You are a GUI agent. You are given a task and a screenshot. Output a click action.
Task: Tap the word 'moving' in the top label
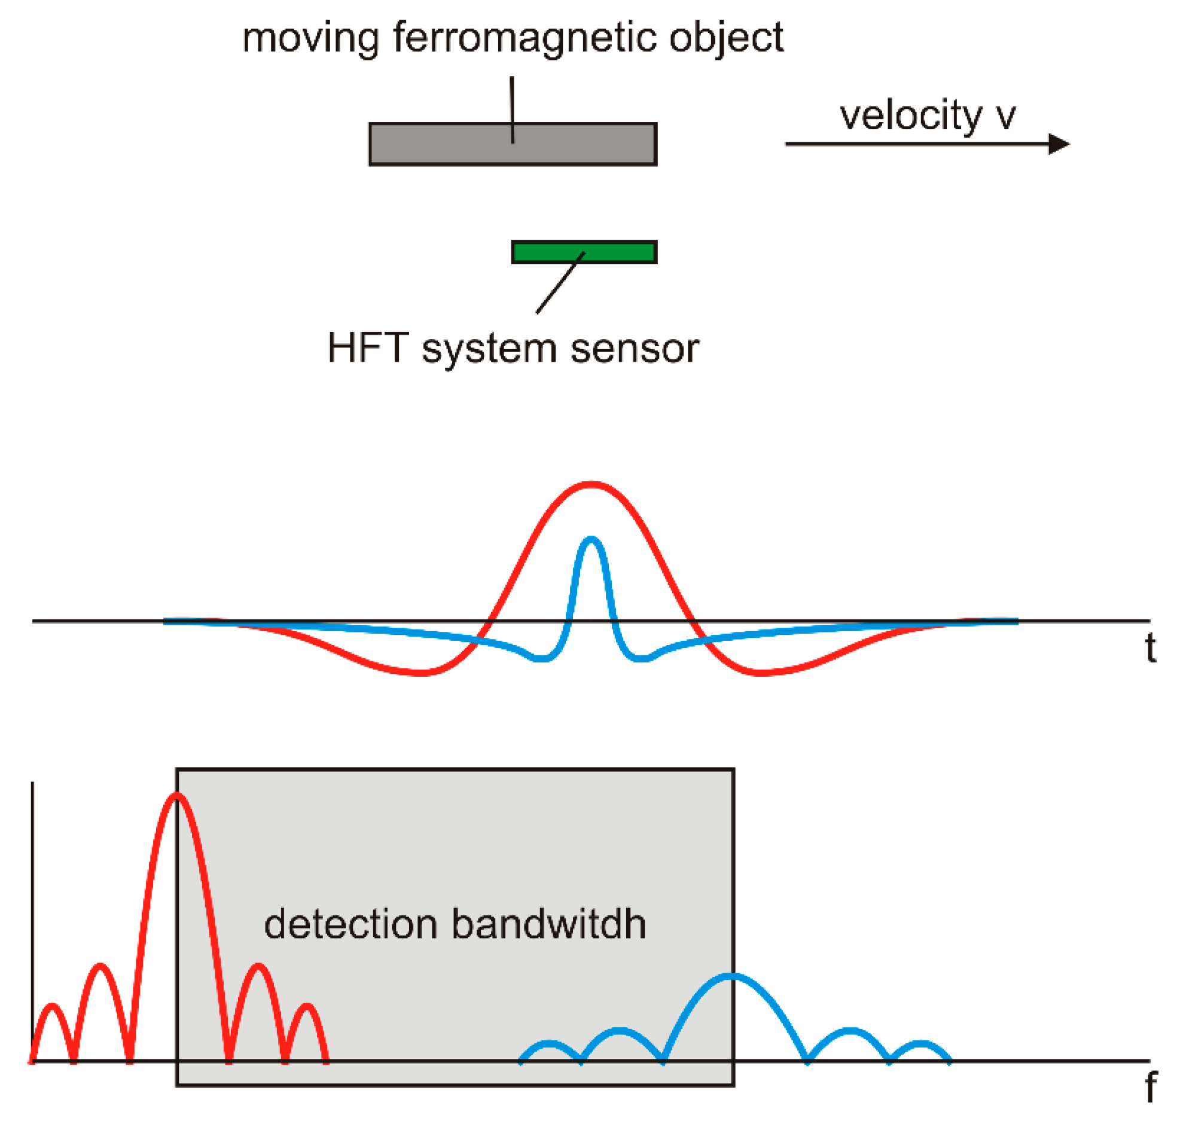pyautogui.click(x=310, y=38)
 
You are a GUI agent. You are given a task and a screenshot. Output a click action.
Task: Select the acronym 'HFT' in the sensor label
pyautogui.click(x=367, y=348)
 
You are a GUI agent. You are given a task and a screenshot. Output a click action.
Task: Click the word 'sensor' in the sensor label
pyautogui.click(x=635, y=349)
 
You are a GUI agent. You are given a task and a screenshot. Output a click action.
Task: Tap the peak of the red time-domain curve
pyautogui.click(x=591, y=484)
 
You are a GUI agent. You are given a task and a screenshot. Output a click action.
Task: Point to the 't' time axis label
pyautogui.click(x=1151, y=649)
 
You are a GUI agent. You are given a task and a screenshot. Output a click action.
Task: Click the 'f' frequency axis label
pyautogui.click(x=1151, y=1088)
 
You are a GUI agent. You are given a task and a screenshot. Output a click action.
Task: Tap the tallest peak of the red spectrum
pyautogui.click(x=176, y=795)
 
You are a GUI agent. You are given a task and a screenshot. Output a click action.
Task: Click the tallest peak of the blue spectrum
pyautogui.click(x=731, y=976)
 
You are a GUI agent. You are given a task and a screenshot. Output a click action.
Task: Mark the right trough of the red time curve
pyautogui.click(x=760, y=673)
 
